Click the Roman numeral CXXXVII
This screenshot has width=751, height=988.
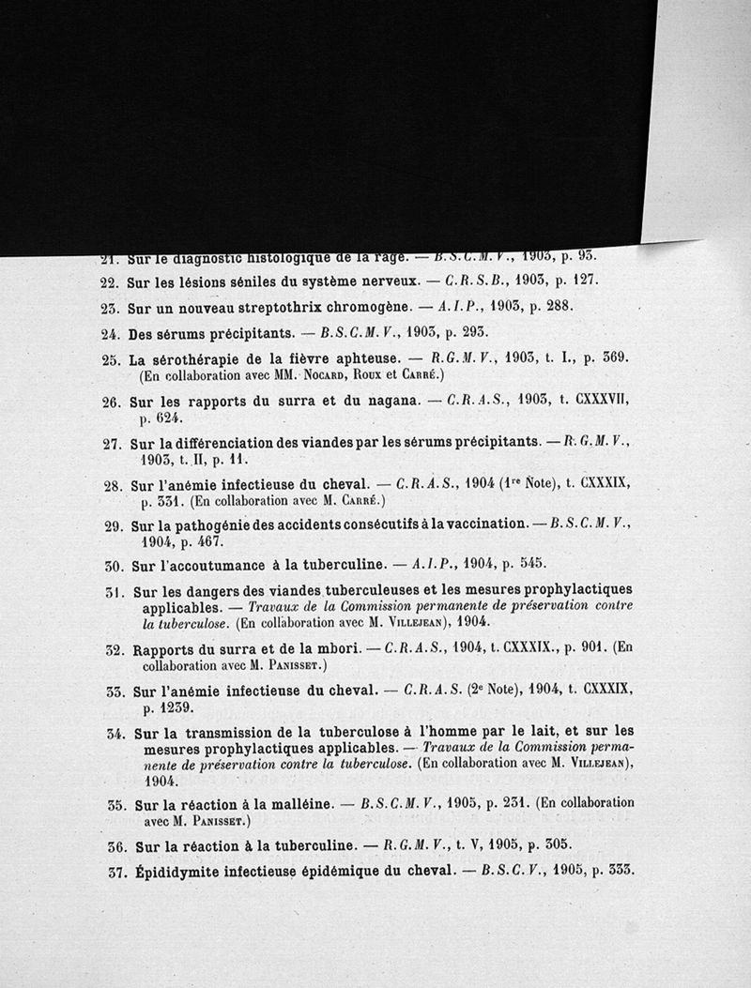(595, 401)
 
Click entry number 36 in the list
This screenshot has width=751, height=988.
(116, 846)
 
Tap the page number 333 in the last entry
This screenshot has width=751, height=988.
(620, 870)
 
